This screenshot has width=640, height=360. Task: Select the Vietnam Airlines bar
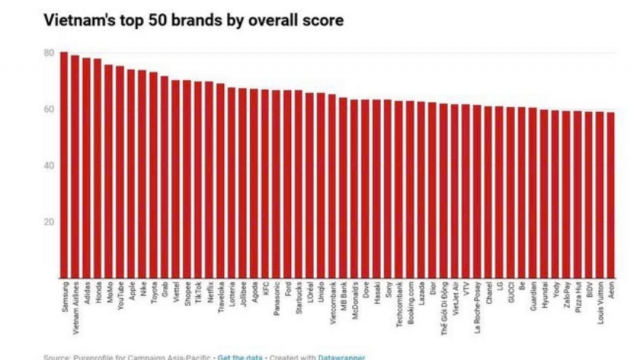coord(75,167)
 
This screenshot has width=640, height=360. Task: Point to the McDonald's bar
coord(354,189)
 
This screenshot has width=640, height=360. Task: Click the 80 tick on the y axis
coord(48,53)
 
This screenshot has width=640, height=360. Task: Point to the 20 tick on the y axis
coord(48,222)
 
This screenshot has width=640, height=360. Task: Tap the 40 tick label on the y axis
coord(48,166)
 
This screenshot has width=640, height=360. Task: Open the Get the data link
coord(241,357)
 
